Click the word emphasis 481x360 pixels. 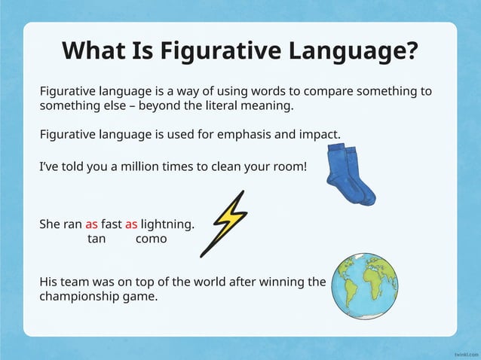coord(245,135)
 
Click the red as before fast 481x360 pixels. coord(91,224)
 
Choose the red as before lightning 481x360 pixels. coord(131,224)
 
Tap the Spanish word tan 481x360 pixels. coord(97,239)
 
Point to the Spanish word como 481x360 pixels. coord(151,239)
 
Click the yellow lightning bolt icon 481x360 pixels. coord(225,222)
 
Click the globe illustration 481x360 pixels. coord(365,285)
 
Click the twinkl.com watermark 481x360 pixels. coord(467,352)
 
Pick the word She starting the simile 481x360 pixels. coord(49,224)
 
